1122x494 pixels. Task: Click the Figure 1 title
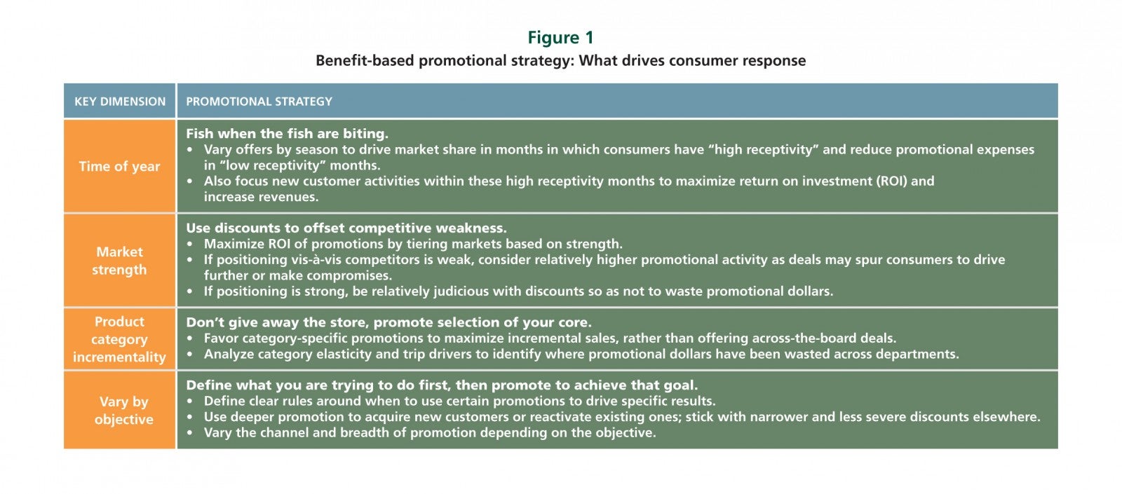click(x=560, y=38)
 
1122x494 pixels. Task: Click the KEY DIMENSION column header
click(x=120, y=102)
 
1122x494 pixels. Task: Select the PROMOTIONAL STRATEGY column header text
click(x=259, y=102)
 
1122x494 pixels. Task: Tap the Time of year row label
click(x=119, y=166)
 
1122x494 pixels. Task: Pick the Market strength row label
click(x=119, y=261)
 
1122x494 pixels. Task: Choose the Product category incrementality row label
click(x=119, y=339)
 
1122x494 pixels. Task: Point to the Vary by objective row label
click(x=123, y=411)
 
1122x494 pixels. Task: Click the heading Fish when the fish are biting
click(x=287, y=134)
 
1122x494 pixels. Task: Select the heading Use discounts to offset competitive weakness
click(x=346, y=228)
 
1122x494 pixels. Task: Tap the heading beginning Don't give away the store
click(x=388, y=322)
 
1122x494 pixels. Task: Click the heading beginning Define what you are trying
click(x=442, y=385)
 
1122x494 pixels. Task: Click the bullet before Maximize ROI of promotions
click(x=190, y=245)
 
